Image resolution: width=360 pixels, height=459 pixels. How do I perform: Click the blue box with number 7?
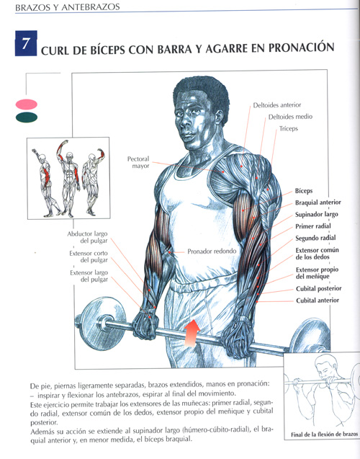[26, 43]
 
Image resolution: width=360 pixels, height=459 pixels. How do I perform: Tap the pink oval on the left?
[27, 104]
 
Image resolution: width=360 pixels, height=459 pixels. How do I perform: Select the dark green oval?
[27, 117]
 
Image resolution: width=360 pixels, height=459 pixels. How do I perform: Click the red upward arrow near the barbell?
[192, 334]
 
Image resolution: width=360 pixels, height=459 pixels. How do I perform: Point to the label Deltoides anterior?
[277, 105]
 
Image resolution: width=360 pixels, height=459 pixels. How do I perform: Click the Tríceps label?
[288, 128]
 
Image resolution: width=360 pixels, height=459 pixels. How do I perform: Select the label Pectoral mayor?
[138, 162]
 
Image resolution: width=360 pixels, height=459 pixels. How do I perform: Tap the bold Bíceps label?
[304, 191]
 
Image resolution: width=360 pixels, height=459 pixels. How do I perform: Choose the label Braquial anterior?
[318, 202]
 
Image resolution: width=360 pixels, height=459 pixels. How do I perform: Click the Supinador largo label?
[316, 215]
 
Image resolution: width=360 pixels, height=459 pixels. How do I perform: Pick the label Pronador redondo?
[212, 251]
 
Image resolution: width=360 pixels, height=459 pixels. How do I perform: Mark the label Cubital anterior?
[318, 300]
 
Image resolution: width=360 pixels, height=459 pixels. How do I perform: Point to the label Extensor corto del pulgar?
[89, 257]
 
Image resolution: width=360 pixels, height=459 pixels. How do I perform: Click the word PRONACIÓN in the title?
[301, 48]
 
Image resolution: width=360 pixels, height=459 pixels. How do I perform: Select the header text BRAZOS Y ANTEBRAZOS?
[67, 7]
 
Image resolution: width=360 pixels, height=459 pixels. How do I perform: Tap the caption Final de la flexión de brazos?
[324, 435]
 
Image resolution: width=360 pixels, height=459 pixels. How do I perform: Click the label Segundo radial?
[315, 238]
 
